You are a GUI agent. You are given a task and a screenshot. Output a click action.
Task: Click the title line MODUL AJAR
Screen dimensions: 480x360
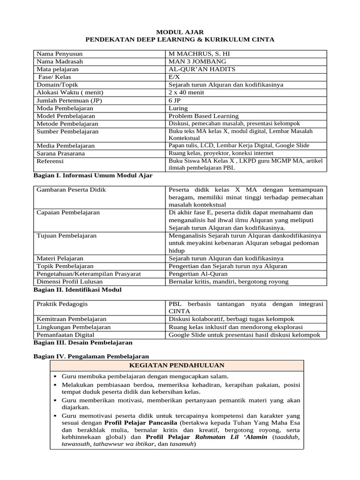tap(180, 32)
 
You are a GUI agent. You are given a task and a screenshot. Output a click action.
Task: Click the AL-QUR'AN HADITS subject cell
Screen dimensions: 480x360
tap(202, 69)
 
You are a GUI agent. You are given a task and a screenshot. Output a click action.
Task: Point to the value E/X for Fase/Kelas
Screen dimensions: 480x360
tap(174, 77)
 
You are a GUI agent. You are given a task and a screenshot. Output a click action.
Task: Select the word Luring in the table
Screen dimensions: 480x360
tap(178, 108)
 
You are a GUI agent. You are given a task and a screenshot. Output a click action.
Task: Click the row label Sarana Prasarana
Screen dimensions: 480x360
tap(61, 153)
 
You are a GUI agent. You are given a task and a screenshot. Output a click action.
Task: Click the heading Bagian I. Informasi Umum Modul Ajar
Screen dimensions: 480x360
tap(93, 175)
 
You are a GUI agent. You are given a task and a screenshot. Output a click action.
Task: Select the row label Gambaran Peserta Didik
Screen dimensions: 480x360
tap(71, 190)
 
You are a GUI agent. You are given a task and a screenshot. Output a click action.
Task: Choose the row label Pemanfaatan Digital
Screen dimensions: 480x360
tap(65, 335)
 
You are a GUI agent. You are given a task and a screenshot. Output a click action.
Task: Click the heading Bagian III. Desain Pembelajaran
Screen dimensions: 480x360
tap(83, 343)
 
